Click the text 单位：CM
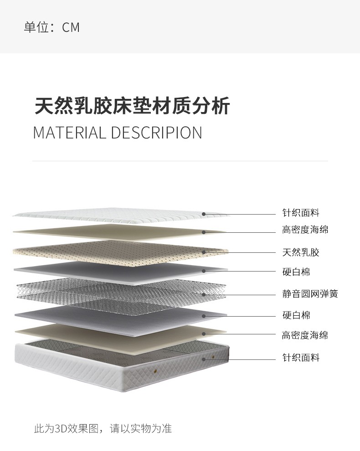[x=51, y=27]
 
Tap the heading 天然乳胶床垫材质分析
[x=132, y=106]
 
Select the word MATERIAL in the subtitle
[x=69, y=133]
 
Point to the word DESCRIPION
[x=156, y=133]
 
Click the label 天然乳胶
[x=301, y=252]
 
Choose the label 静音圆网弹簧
[x=310, y=294]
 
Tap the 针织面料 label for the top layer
[x=301, y=213]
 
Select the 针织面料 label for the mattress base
[x=301, y=358]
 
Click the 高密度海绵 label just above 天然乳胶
[x=305, y=230]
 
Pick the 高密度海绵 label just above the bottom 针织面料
[x=305, y=335]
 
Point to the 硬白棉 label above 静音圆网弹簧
[x=296, y=272]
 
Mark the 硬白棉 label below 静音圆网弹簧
[x=296, y=315]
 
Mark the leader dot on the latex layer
[x=204, y=252]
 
